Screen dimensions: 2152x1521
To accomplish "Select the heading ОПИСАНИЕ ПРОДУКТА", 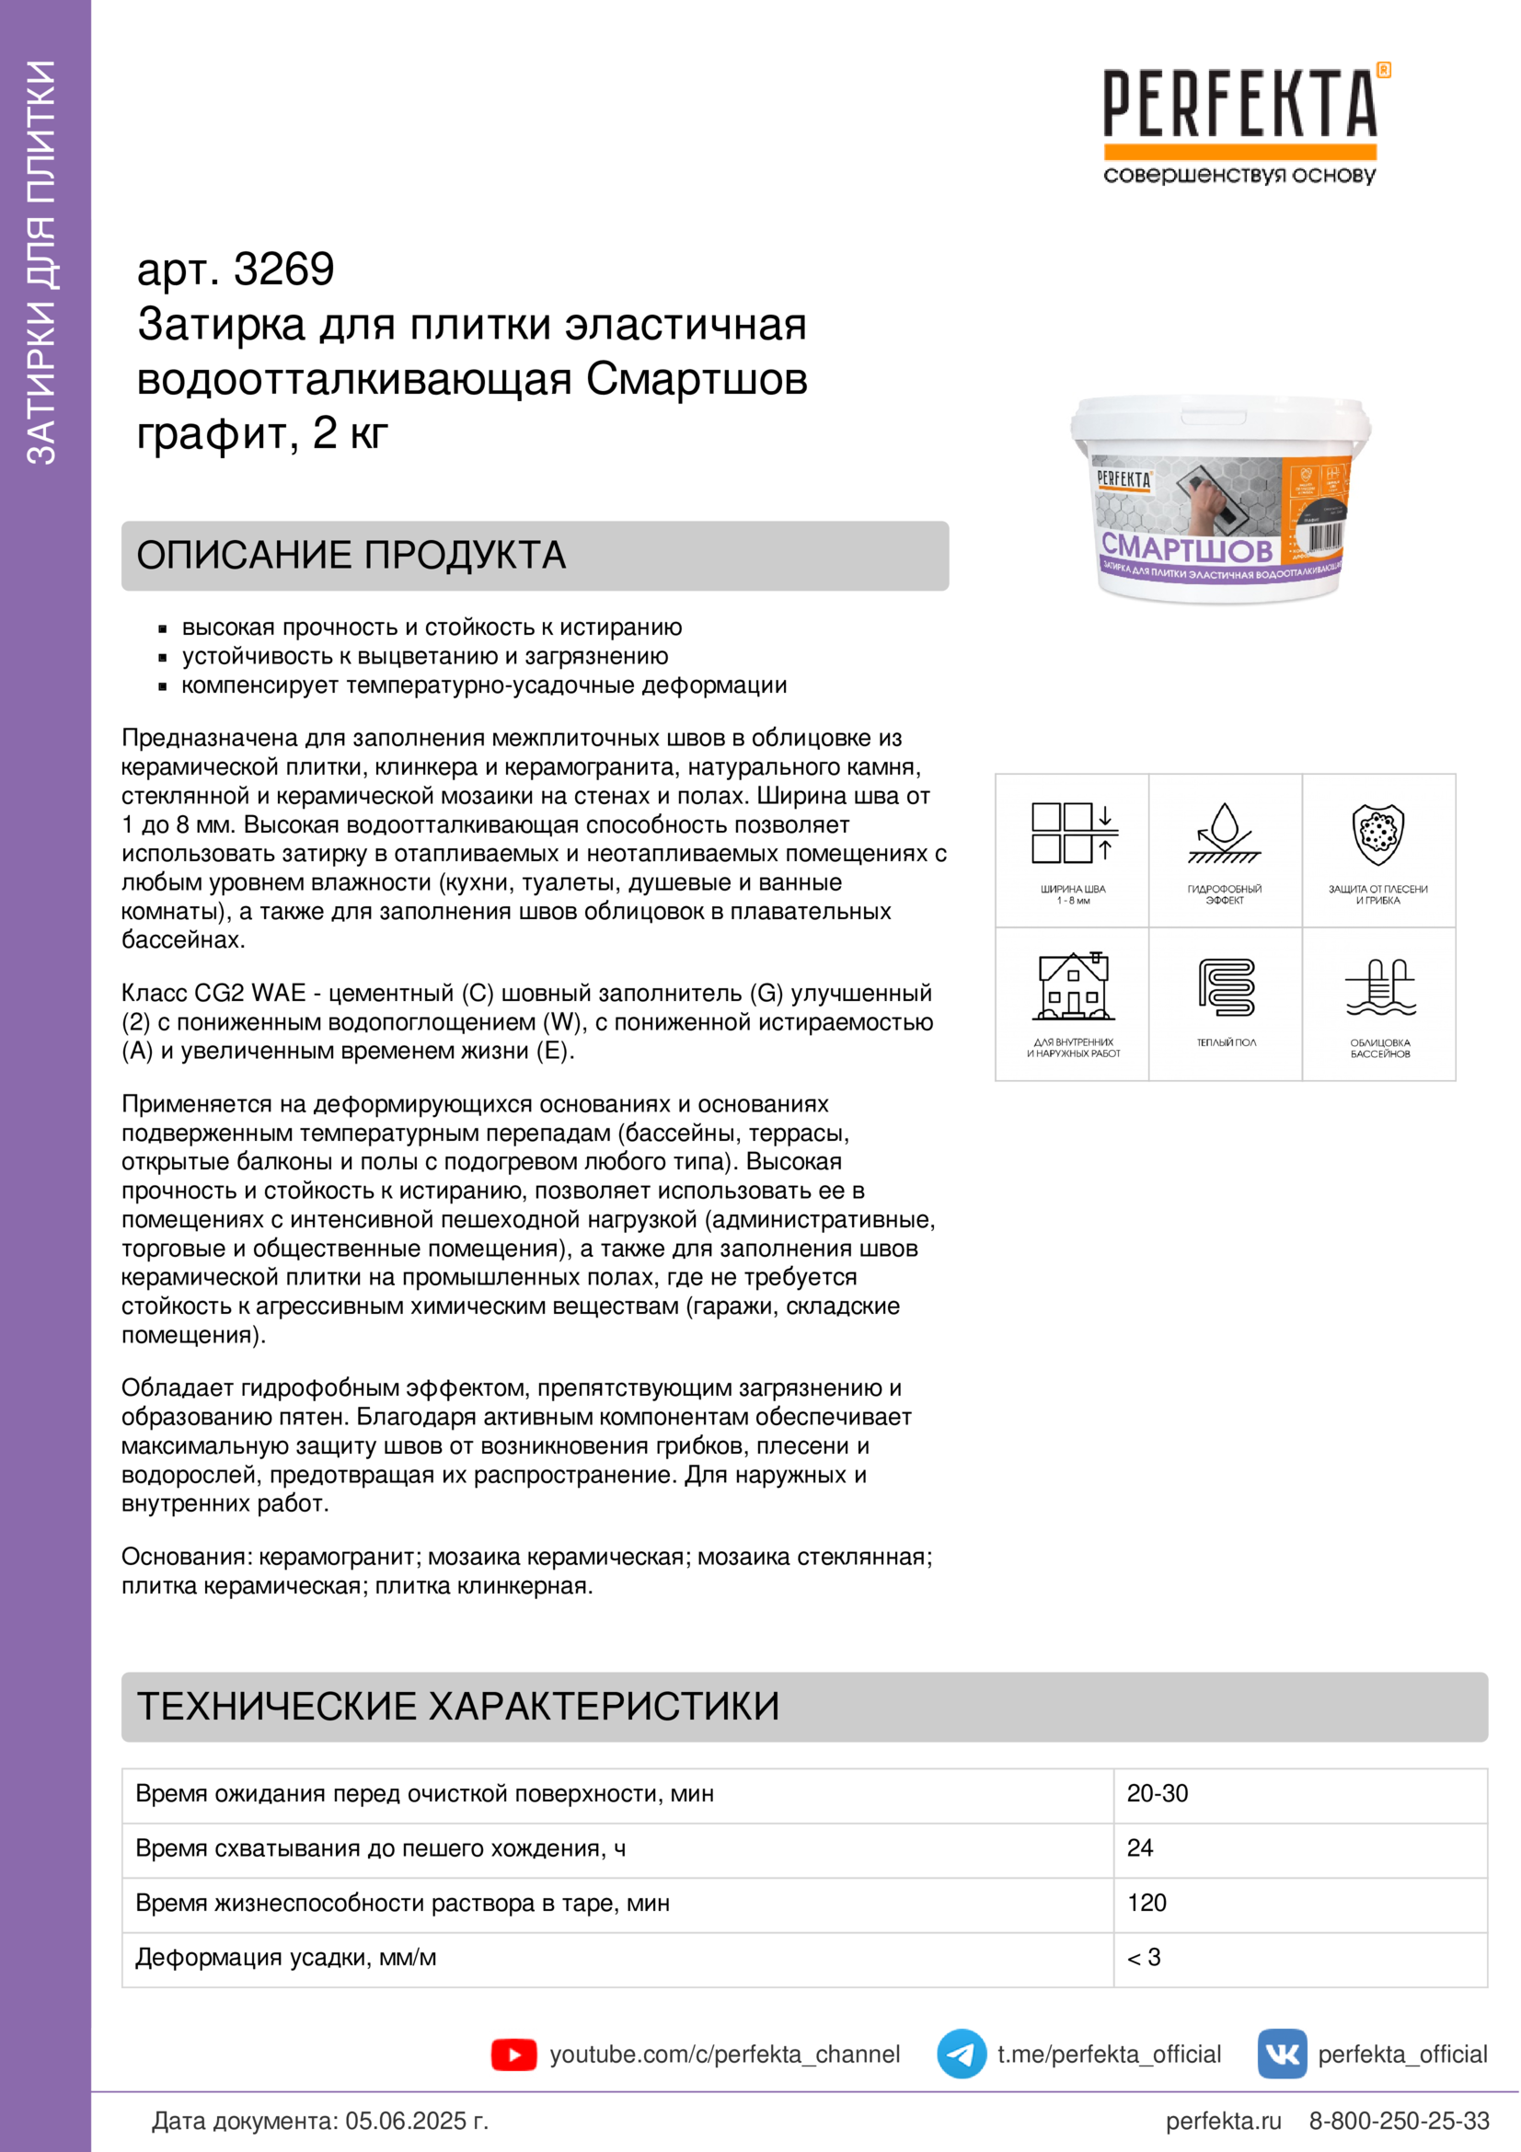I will tap(351, 555).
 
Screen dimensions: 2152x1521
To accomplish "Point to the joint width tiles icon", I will tap(1073, 834).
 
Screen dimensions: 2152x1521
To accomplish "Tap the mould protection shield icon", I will tap(1377, 834).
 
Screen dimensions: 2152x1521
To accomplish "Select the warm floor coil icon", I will tap(1226, 987).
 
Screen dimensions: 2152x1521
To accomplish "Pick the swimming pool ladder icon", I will tap(1379, 987).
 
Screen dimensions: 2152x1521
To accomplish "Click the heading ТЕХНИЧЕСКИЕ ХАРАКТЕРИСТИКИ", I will tap(458, 1706).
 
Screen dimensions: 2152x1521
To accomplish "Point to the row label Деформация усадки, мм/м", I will tap(286, 1958).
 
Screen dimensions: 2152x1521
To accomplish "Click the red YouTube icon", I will tap(513, 2054).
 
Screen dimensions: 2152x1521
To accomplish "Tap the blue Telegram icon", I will tap(962, 2054).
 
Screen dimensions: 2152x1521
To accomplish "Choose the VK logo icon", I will tap(1281, 2054).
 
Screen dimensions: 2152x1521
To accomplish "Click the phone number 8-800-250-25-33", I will tap(1399, 2121).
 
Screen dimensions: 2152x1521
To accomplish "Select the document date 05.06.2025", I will tap(406, 2121).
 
